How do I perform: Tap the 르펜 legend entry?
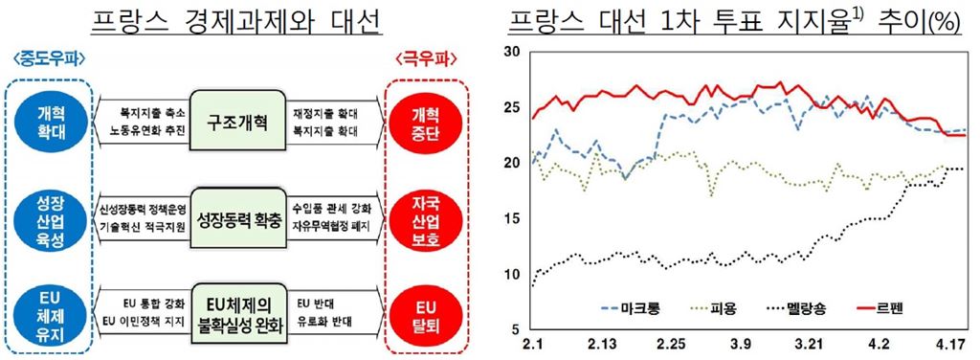(x=888, y=309)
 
